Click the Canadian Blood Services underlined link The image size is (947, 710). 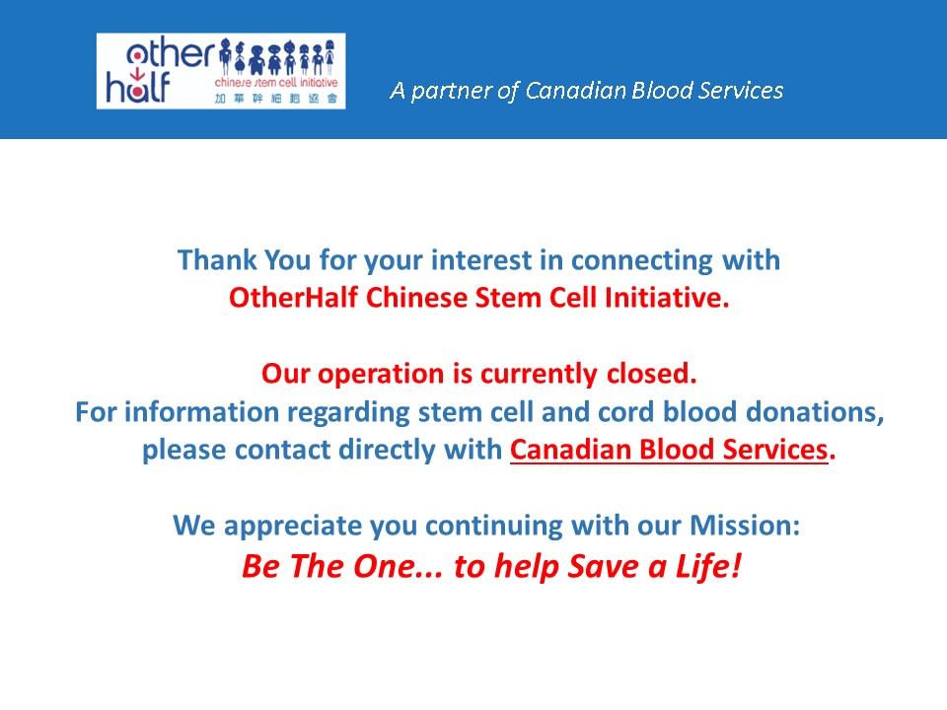click(x=669, y=450)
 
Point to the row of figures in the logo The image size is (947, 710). click(x=277, y=57)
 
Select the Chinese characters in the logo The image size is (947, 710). click(x=276, y=99)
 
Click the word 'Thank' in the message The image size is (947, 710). click(x=217, y=260)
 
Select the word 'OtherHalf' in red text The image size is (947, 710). click(x=293, y=298)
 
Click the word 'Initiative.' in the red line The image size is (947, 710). click(x=668, y=298)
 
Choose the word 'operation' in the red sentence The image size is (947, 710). click(x=381, y=375)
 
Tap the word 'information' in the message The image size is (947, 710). click(x=201, y=412)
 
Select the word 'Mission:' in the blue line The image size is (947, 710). click(x=745, y=526)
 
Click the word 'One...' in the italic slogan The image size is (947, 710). click(x=398, y=566)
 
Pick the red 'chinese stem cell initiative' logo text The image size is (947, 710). click(x=276, y=83)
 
